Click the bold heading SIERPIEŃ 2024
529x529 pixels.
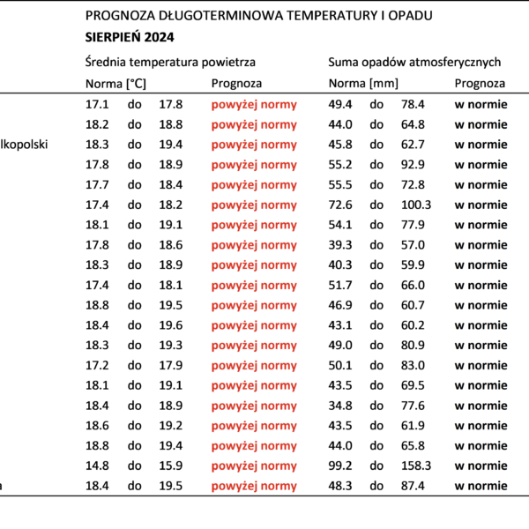tap(130, 37)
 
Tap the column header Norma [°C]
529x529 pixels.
tap(115, 84)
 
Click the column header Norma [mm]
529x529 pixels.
tap(363, 84)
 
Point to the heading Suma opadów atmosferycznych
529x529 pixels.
tap(414, 62)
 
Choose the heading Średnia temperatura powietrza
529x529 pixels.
tap(170, 62)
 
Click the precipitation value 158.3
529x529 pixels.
tap(416, 466)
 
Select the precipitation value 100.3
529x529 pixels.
tap(416, 205)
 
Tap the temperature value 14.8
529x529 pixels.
tap(97, 466)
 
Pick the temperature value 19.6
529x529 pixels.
tap(171, 325)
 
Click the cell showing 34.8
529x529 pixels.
tap(340, 406)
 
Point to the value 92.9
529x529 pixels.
tap(413, 165)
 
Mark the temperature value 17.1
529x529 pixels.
tap(97, 104)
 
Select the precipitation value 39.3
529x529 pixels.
tap(340, 245)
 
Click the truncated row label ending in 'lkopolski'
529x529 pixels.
tap(24, 145)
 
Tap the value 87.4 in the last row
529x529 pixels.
tap(413, 486)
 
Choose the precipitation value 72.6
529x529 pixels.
tap(340, 205)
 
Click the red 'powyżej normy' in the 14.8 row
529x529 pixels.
tap(254, 466)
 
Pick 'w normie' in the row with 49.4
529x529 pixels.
tap(481, 105)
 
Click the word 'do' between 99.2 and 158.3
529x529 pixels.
tap(376, 466)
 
